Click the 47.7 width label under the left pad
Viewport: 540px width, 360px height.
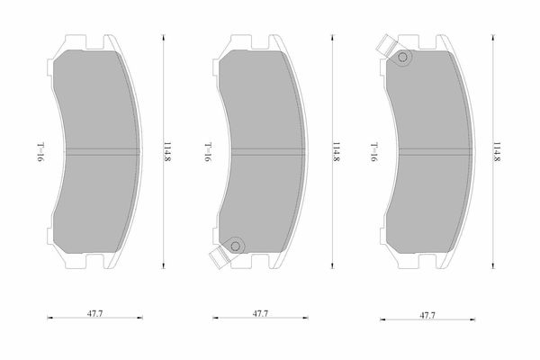(x=94, y=313)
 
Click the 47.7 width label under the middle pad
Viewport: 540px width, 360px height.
(x=260, y=313)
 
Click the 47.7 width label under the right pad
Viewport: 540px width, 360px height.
(x=427, y=315)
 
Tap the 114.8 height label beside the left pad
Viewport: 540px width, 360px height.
(x=167, y=151)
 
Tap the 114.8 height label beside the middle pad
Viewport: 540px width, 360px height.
(x=337, y=151)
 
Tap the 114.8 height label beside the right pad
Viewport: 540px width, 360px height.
(x=497, y=151)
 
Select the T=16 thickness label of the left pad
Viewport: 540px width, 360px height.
(x=41, y=152)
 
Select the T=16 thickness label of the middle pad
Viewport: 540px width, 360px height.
(x=209, y=152)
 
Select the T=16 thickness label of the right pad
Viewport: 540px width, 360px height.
(x=374, y=152)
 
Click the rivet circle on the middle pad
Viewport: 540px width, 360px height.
(x=235, y=246)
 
